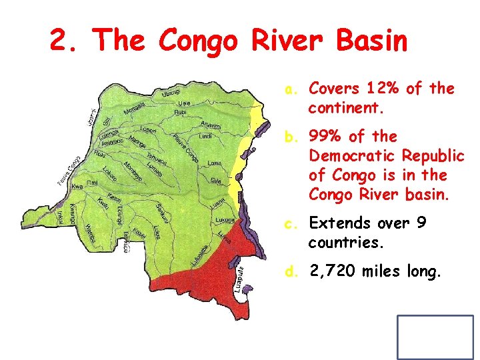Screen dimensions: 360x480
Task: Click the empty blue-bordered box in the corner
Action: [x=435, y=337]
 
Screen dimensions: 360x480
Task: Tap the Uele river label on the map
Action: [x=184, y=103]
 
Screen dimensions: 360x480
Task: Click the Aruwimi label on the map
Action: [x=210, y=125]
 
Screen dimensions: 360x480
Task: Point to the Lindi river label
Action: [x=205, y=137]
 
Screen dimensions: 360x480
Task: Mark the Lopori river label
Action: [x=149, y=129]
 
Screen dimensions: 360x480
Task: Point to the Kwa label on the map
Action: [x=77, y=187]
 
